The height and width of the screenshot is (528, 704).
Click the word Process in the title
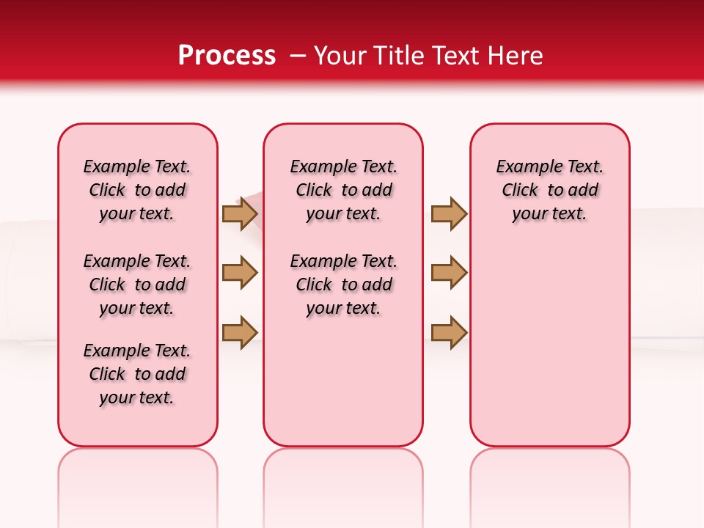click(x=227, y=56)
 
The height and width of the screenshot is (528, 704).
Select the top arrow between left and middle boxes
click(x=239, y=214)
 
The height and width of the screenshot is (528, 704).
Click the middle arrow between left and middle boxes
click(x=239, y=273)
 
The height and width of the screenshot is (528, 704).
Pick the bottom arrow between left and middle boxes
click(x=239, y=332)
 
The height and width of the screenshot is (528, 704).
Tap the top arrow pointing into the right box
click(x=449, y=214)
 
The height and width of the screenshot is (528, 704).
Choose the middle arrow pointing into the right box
click(x=449, y=273)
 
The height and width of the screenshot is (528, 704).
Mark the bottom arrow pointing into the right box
click(x=449, y=332)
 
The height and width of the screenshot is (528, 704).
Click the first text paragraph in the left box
click(x=137, y=190)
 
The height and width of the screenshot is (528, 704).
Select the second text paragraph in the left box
click(x=137, y=285)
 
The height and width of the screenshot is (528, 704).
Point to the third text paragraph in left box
click(x=137, y=374)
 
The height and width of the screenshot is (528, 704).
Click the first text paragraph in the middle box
click(x=343, y=190)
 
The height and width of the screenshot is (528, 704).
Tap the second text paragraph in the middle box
click(x=343, y=285)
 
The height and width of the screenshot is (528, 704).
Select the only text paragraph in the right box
click(x=549, y=190)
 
